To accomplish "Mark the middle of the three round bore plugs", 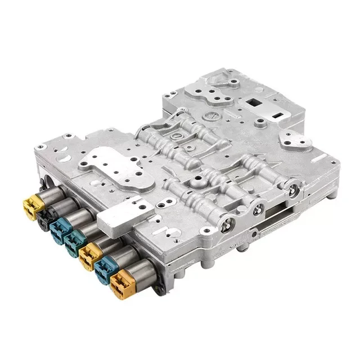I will pos(259,209).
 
